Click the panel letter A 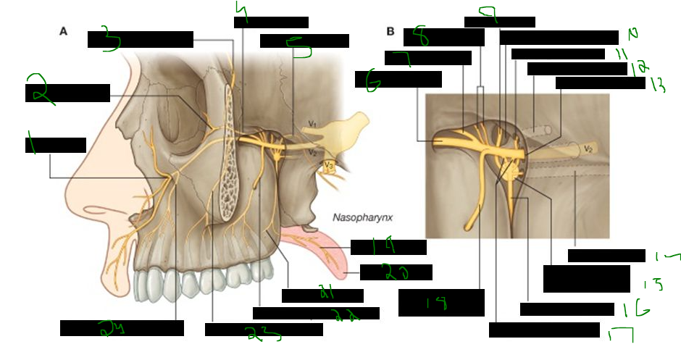point(64,31)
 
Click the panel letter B point(390,32)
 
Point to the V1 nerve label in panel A point(312,125)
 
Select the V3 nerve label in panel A point(329,166)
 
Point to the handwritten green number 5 point(299,49)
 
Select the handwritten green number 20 point(394,273)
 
